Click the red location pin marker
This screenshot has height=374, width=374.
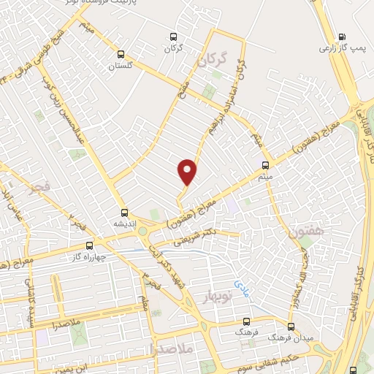(x=188, y=171)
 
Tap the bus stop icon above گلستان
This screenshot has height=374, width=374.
(x=121, y=53)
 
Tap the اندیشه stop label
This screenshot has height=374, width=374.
(x=117, y=223)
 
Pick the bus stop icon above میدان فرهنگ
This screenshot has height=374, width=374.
(x=291, y=327)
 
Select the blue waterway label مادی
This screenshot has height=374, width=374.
(x=242, y=281)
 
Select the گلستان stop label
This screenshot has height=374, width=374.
(x=123, y=66)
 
